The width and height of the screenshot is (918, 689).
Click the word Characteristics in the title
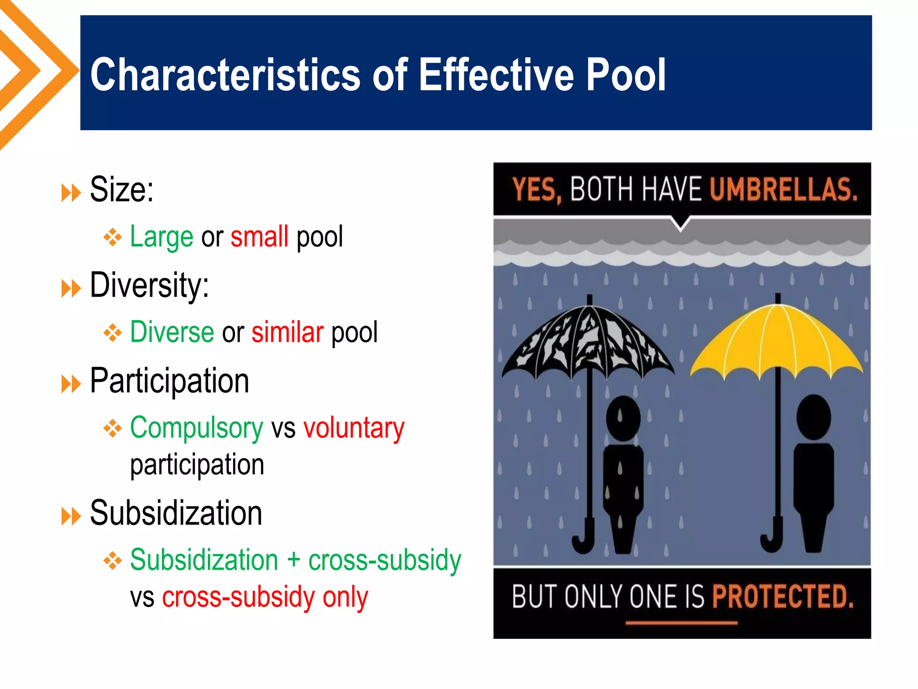pos(225,74)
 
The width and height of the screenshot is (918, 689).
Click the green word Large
pos(161,237)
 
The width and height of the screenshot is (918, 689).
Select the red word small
pos(259,236)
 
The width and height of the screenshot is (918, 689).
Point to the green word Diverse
pos(172,332)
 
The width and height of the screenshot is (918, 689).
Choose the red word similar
pos(287,332)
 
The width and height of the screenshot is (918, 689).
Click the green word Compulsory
pos(196,428)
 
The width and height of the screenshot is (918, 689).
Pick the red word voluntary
pos(354,428)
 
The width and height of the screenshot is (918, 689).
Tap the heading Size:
pos(121,190)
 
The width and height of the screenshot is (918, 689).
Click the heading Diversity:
pos(149,285)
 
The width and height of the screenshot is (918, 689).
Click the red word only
pos(345,597)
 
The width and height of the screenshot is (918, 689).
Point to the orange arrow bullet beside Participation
pos(71,384)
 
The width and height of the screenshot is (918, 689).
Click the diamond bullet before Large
pos(113,237)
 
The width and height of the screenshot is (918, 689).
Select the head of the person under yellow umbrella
pos(813,417)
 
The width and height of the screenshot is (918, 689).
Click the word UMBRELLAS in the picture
pos(783,189)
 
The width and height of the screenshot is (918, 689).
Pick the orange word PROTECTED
pos(783,597)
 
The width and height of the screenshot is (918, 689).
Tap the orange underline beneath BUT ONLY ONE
pos(681,623)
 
